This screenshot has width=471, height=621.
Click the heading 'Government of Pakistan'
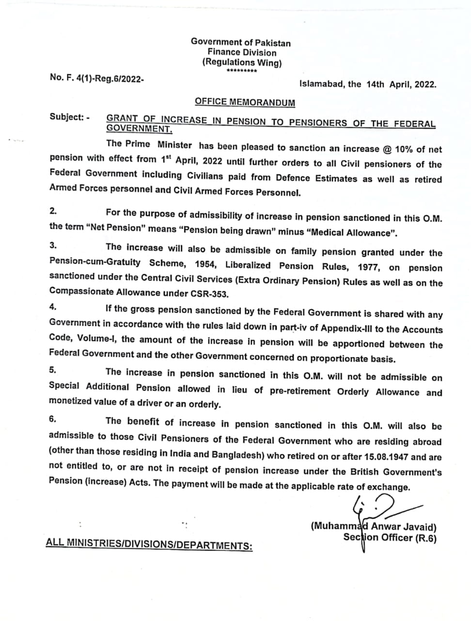click(x=241, y=42)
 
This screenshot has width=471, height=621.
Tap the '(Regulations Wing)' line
click(x=242, y=62)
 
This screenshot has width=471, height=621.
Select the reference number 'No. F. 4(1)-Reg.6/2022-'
click(x=96, y=78)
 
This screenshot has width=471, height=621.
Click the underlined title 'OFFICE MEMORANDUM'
click(x=245, y=102)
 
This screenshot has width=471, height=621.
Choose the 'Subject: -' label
click(x=69, y=117)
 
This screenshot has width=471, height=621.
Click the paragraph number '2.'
click(x=53, y=211)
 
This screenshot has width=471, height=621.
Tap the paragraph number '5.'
click(x=53, y=370)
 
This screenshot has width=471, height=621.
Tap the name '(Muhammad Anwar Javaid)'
click(x=374, y=526)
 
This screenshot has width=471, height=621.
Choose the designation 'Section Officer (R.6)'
click(x=390, y=538)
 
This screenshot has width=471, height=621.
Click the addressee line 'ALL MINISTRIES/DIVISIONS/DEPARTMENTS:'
click(x=149, y=544)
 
